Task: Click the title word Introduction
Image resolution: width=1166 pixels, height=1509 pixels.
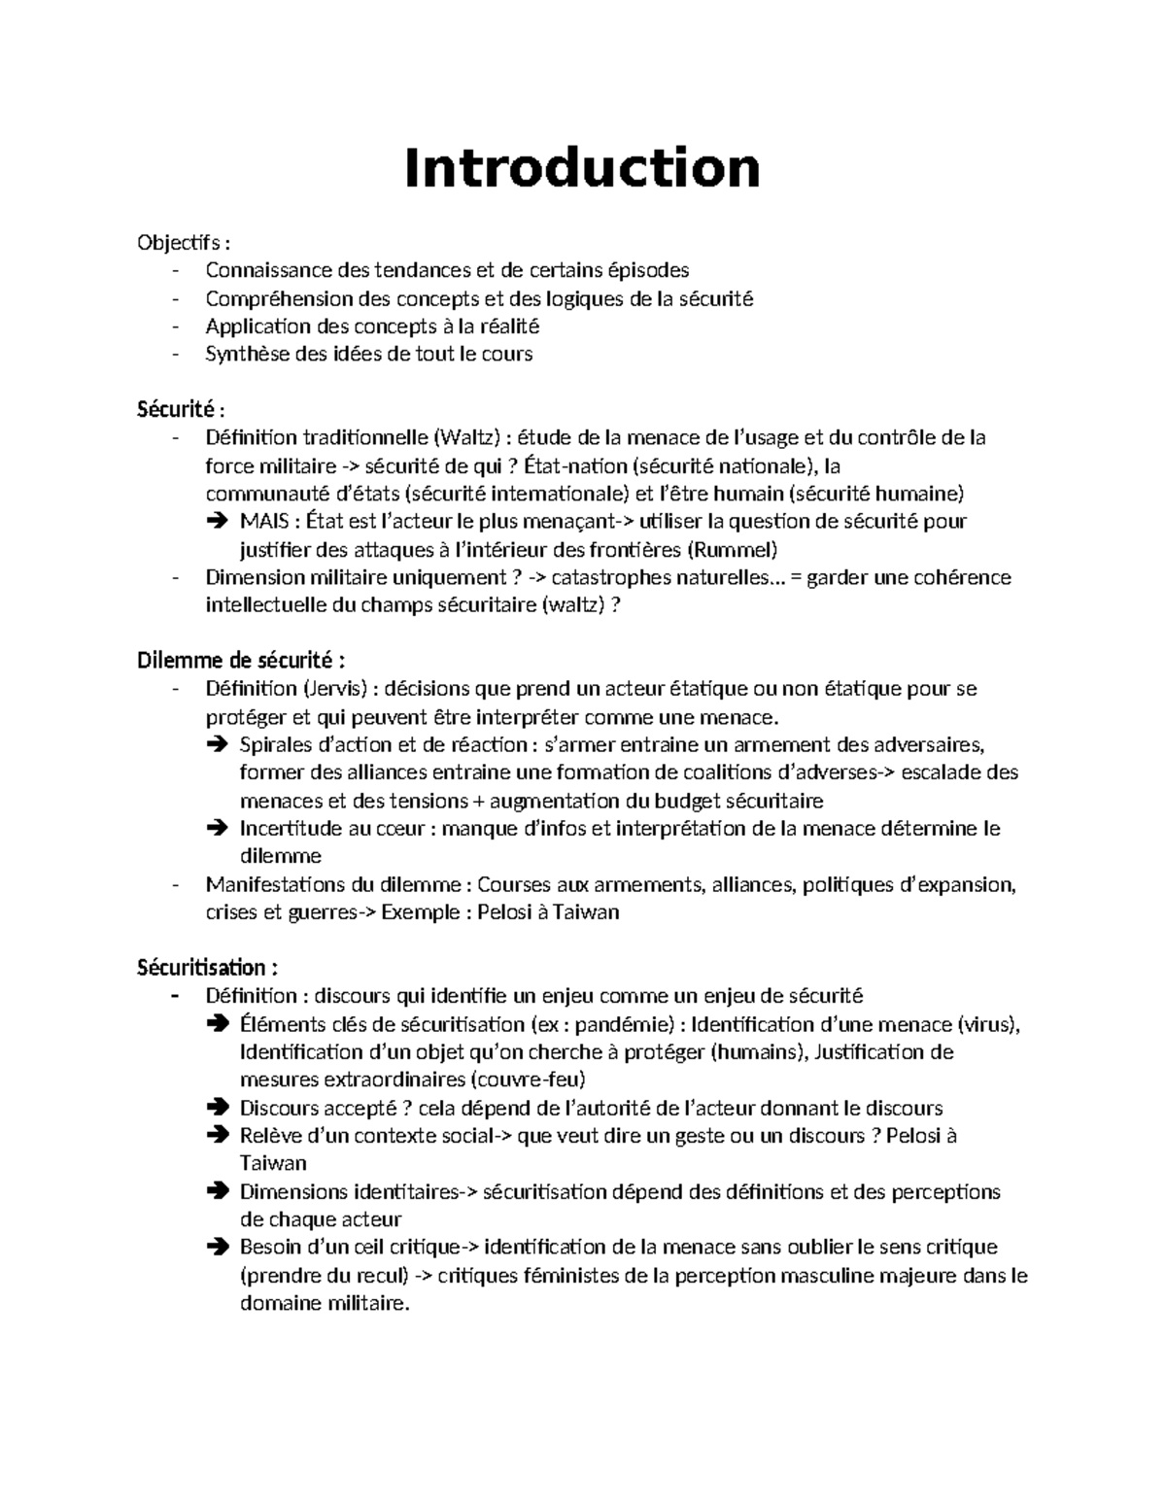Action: click(582, 168)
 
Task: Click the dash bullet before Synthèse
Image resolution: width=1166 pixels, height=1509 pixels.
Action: click(175, 354)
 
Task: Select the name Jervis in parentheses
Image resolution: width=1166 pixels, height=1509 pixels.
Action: click(335, 689)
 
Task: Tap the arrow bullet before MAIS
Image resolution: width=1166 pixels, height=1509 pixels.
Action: click(216, 522)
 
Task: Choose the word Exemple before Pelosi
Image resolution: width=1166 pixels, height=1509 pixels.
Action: click(420, 912)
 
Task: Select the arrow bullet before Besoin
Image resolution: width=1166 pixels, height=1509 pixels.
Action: click(216, 1248)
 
